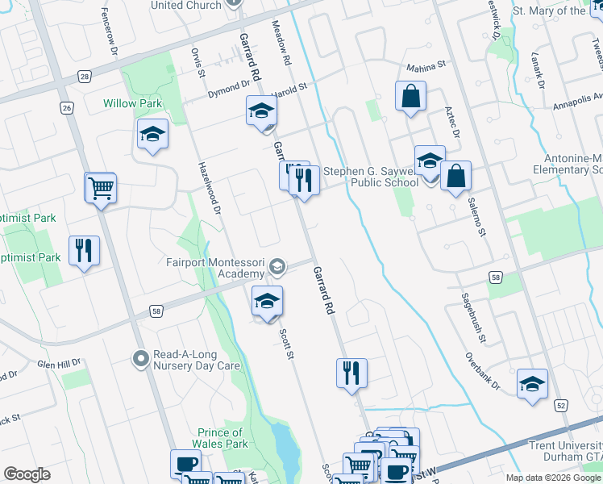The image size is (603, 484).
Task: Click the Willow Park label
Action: [x=132, y=103]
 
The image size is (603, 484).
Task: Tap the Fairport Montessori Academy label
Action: [x=214, y=267]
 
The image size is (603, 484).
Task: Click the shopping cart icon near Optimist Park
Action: [x=101, y=189]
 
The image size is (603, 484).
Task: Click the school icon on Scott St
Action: [x=268, y=302]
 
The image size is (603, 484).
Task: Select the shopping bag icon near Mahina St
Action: [x=410, y=97]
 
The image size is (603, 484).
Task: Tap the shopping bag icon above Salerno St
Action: [x=455, y=177]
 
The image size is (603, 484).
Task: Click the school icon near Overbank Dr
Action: [x=532, y=385]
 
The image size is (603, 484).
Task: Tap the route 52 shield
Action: [x=561, y=406]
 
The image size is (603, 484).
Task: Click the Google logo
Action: [x=27, y=474]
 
